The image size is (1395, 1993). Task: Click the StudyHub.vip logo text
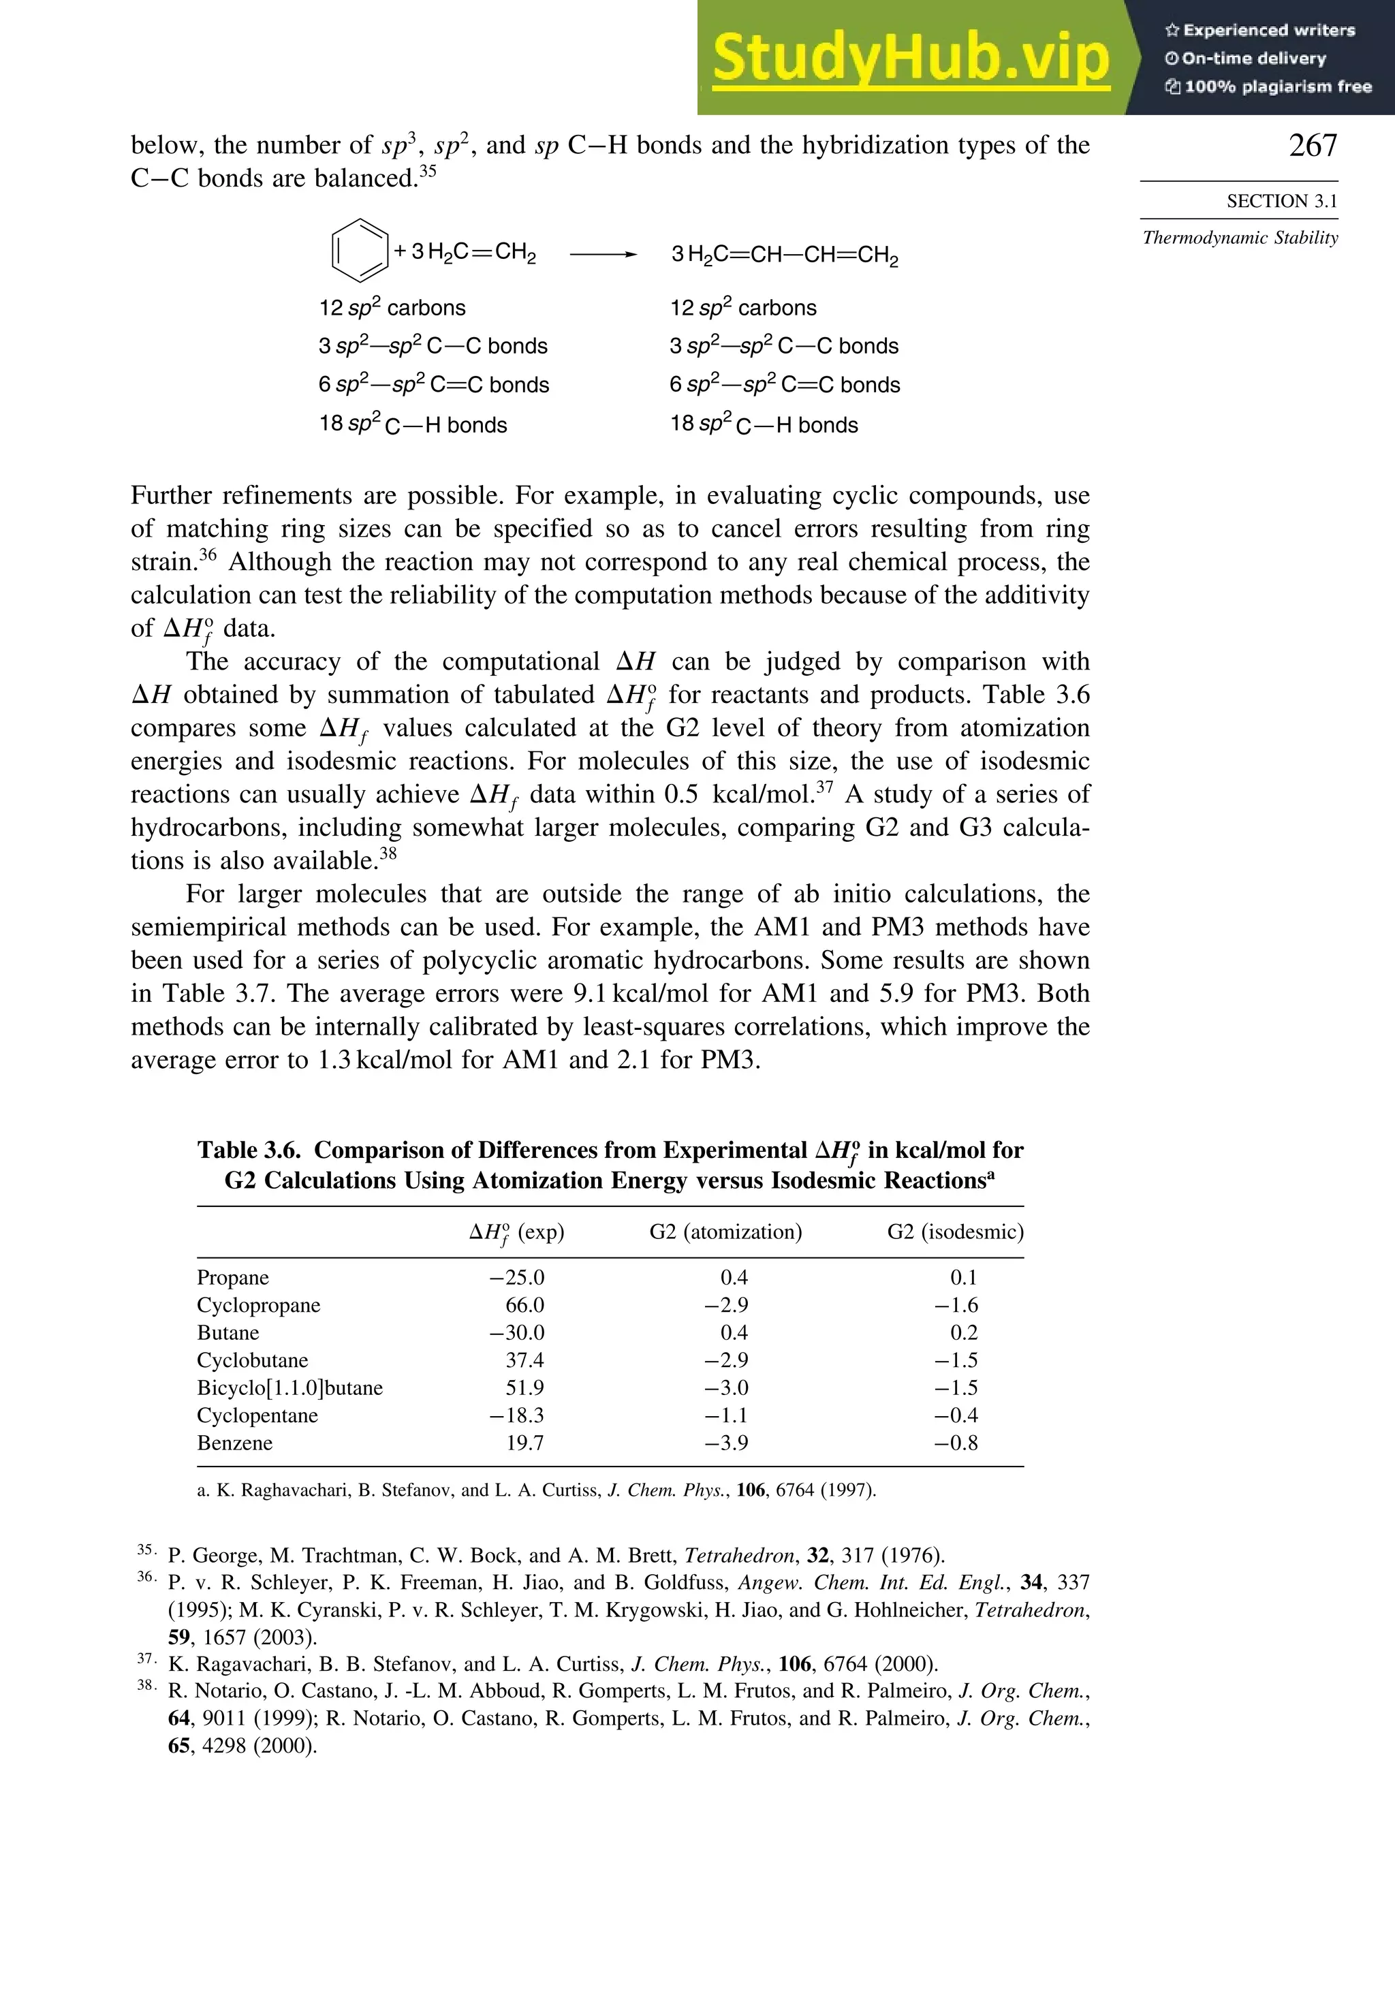click(910, 59)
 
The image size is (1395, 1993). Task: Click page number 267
click(1312, 145)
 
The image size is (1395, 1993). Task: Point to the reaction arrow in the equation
click(604, 254)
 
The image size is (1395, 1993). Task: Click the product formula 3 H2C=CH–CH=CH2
click(784, 255)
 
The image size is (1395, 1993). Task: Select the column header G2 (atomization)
click(725, 1231)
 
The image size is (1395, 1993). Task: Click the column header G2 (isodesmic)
click(954, 1231)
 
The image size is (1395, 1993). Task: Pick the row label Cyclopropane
click(258, 1306)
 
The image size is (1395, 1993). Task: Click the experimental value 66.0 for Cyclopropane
click(524, 1306)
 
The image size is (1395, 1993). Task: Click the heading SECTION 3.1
click(1281, 202)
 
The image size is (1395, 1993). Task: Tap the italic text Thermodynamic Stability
click(1240, 238)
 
